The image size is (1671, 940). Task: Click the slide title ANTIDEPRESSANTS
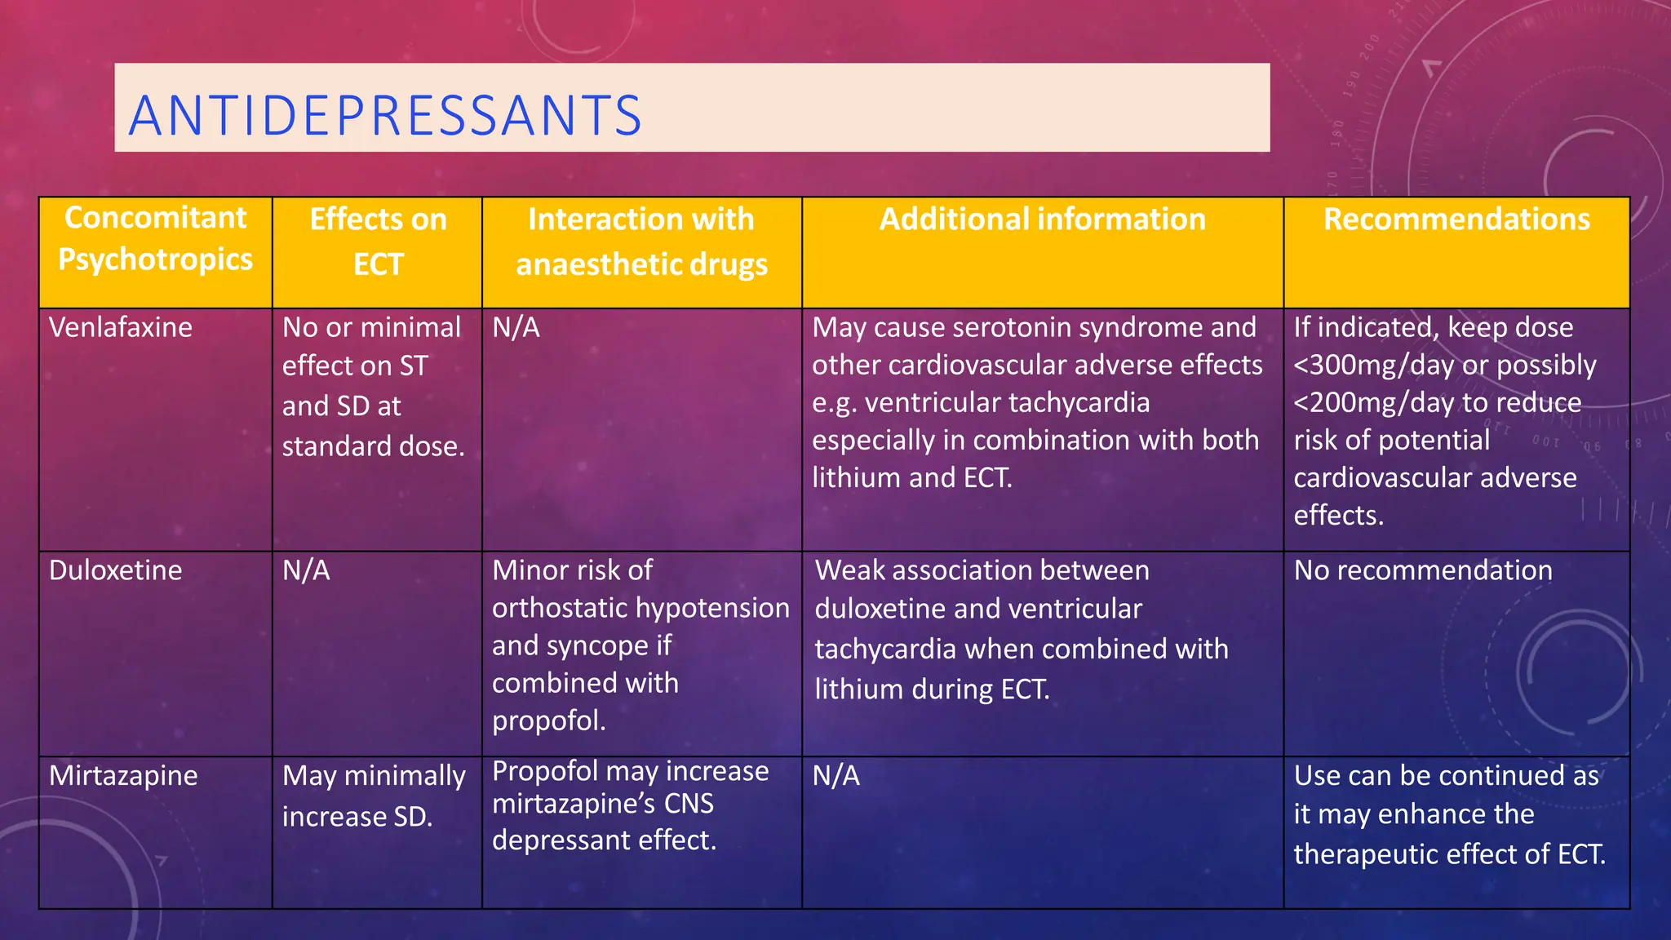pyautogui.click(x=385, y=115)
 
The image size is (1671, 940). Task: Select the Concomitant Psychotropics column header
pyautogui.click(x=155, y=238)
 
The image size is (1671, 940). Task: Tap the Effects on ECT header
pyautogui.click(x=378, y=242)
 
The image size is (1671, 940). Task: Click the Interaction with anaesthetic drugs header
pyautogui.click(x=641, y=242)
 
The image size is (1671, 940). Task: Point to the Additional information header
pyautogui.click(x=1042, y=219)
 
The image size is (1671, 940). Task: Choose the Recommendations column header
pyautogui.click(x=1456, y=219)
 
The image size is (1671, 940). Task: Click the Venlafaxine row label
pyautogui.click(x=121, y=327)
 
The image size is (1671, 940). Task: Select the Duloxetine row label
pyautogui.click(x=115, y=570)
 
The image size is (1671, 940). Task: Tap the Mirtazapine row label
pyautogui.click(x=123, y=775)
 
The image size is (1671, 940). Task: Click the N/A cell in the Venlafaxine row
pyautogui.click(x=516, y=327)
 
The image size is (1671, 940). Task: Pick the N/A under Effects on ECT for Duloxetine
pyautogui.click(x=306, y=570)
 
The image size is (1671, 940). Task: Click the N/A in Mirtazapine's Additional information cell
pyautogui.click(x=835, y=775)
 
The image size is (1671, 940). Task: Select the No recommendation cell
pyautogui.click(x=1423, y=570)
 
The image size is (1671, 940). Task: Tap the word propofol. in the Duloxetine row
pyautogui.click(x=548, y=721)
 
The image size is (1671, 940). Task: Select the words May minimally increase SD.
pyautogui.click(x=374, y=796)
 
